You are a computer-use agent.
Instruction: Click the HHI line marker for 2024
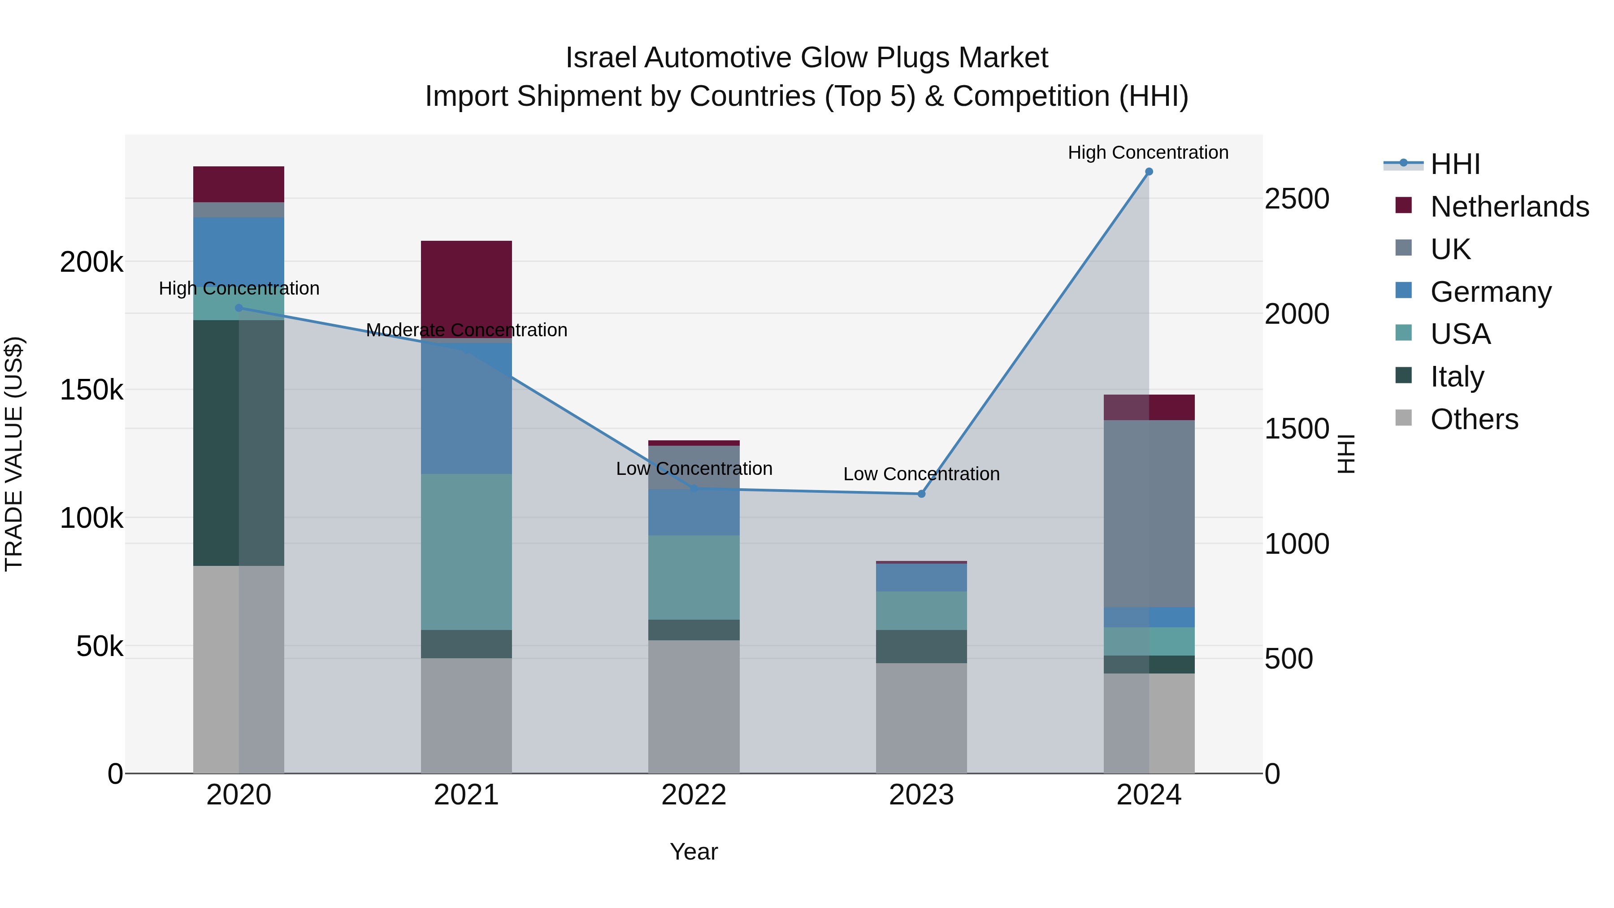click(x=1149, y=172)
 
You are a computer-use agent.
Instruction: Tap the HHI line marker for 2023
click(x=921, y=494)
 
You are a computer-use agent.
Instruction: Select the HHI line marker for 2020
click(x=239, y=308)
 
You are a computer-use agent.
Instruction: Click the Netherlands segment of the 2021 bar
click(x=466, y=289)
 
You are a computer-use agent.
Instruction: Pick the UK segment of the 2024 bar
click(x=1149, y=513)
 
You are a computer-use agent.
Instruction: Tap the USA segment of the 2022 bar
click(x=694, y=577)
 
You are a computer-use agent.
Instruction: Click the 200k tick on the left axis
click(x=91, y=262)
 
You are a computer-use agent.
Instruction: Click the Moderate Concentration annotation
click(x=466, y=330)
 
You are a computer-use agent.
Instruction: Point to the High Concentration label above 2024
click(x=1148, y=152)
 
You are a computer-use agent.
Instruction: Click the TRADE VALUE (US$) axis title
click(x=14, y=454)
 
